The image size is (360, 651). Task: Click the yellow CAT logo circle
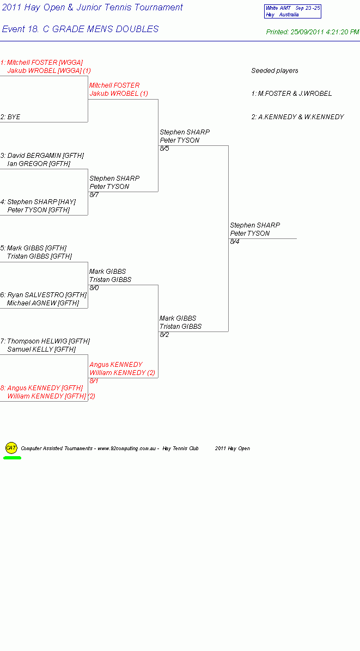[11, 448]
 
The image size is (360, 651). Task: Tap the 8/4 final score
[235, 242]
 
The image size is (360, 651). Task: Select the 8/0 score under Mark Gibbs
[94, 288]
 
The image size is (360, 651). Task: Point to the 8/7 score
[94, 195]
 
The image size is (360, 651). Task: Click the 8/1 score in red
[94, 380]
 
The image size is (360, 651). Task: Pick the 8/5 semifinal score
[164, 148]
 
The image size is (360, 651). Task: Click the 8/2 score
[164, 335]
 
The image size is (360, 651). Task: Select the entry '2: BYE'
[10, 117]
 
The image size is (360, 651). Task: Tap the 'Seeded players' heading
[274, 71]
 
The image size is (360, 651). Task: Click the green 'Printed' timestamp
[313, 32]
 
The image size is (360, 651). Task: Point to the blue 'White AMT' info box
[292, 11]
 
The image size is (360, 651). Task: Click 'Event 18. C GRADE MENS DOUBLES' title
[80, 29]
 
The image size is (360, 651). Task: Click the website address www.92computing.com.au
[127, 449]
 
